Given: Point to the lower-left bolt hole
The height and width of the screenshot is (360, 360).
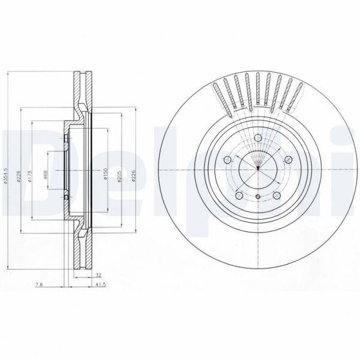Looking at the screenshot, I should (x=238, y=195).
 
